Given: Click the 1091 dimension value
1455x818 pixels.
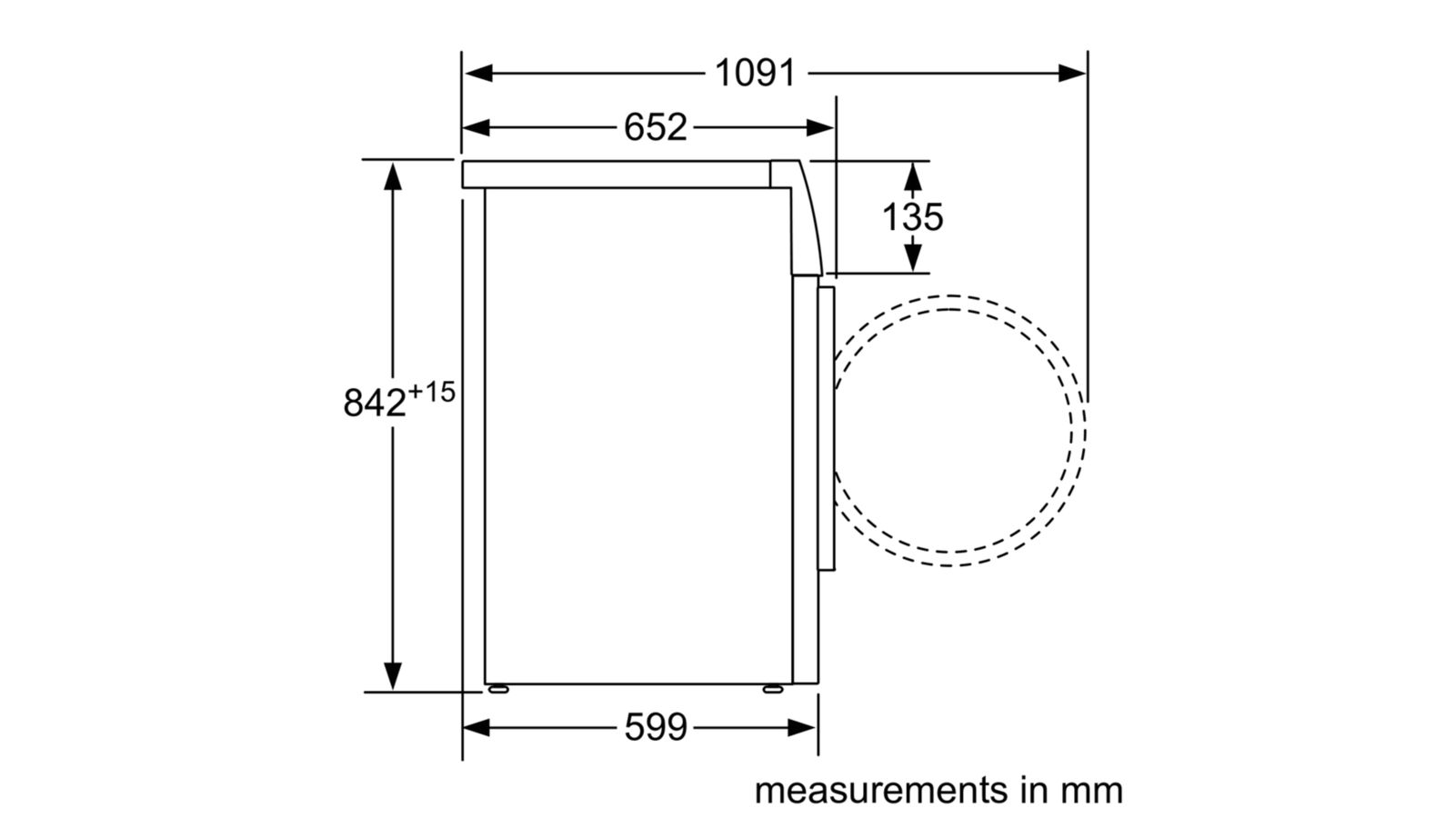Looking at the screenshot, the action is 755,73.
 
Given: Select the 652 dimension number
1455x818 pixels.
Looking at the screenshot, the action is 655,127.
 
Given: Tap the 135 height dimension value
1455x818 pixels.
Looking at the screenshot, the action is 912,217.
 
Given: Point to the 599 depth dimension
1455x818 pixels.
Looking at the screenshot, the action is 655,727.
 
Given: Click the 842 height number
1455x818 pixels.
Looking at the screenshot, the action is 374,403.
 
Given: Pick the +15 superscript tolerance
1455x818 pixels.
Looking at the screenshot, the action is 431,392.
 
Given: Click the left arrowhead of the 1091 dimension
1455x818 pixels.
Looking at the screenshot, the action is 478,74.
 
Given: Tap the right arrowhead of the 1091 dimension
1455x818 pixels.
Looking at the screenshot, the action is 1072,74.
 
